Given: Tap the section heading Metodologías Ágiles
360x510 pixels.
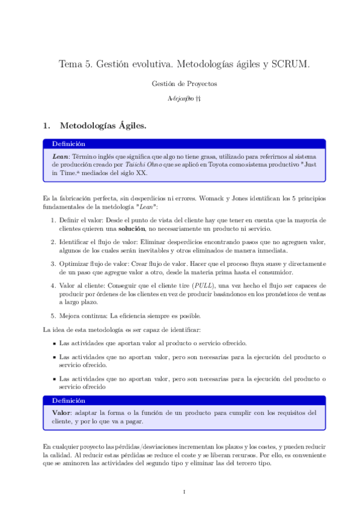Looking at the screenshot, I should (102, 126).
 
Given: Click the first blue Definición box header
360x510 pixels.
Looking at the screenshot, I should (69, 144).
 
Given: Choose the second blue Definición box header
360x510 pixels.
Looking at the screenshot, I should (69, 401).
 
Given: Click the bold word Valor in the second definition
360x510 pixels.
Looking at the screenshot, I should (62, 413).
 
